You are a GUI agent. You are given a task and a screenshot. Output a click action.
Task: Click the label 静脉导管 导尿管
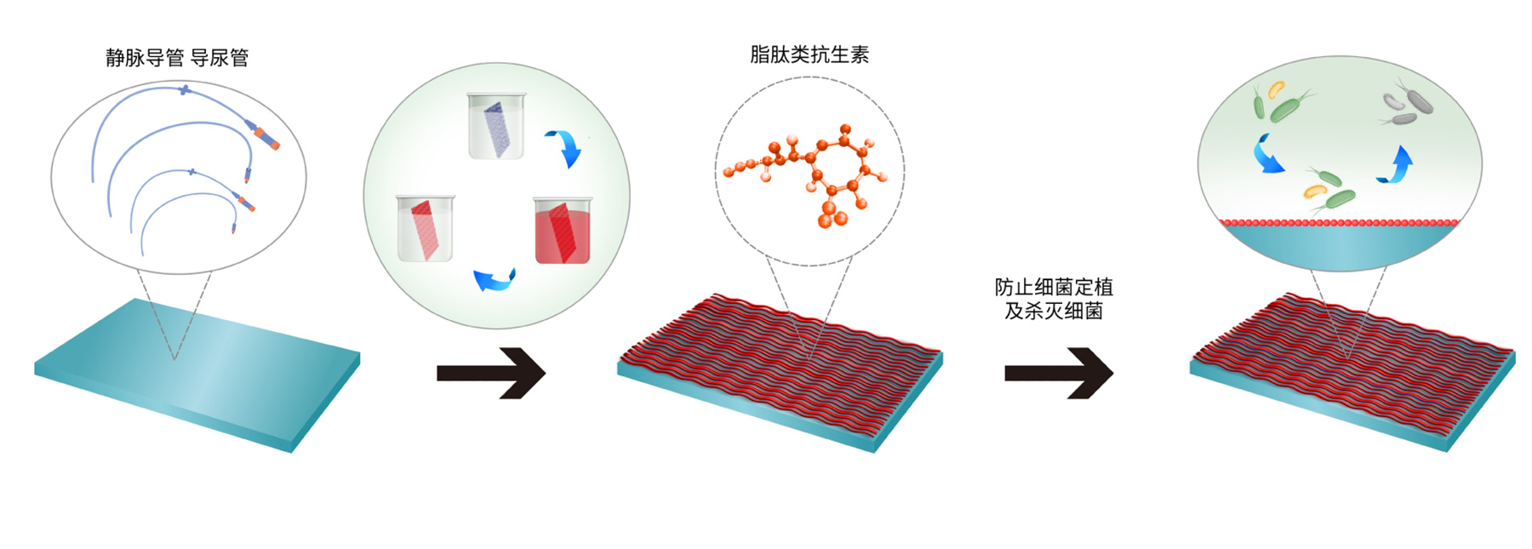coord(177,58)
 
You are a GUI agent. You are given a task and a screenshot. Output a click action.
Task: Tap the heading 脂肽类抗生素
coord(809,55)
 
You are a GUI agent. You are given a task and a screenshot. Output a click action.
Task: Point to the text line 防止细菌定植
coord(1054,287)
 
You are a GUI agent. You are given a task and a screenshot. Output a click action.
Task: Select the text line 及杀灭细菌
coord(1054,312)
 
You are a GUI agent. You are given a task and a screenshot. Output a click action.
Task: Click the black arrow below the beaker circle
coord(491,373)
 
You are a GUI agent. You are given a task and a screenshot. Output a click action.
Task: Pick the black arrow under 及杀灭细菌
coord(1059,373)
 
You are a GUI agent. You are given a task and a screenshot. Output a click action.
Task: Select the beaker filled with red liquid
coord(562,231)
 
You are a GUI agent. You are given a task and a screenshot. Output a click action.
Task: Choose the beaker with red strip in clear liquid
coord(426,228)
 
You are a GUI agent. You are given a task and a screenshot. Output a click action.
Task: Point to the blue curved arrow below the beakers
coord(494,279)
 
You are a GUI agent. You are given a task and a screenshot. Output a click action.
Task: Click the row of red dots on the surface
coord(1340,223)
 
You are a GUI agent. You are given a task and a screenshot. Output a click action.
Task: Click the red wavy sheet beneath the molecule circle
coord(779,370)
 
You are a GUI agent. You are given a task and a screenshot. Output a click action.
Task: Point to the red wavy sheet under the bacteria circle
coord(1352,370)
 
